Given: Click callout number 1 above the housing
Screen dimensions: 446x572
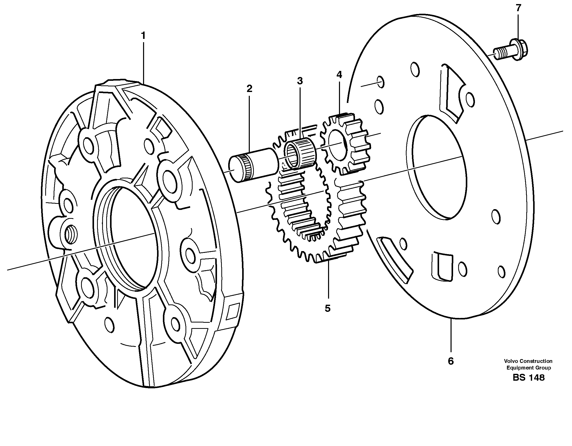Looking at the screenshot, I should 143,36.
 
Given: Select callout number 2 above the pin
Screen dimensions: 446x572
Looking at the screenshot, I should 249,89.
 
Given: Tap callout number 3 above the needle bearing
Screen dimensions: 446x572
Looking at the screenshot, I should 300,81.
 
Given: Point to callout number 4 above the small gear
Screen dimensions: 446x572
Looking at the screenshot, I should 339,75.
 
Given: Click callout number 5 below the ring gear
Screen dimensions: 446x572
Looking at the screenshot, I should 327,309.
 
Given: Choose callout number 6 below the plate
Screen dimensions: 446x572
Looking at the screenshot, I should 451,361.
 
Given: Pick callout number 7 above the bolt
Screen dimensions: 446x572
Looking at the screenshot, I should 518,8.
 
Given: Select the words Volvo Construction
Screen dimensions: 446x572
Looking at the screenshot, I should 528,361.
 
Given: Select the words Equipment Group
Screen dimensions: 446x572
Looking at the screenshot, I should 528,368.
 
